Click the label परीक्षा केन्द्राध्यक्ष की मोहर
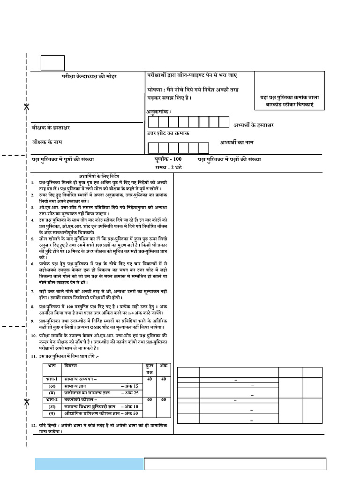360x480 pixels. [x=89, y=76]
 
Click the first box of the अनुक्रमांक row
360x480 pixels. [x=153, y=122]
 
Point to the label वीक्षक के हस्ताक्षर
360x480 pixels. [x=51, y=127]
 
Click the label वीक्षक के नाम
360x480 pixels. [x=47, y=141]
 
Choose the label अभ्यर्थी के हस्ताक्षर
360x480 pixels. [x=254, y=125]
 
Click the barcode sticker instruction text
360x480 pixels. [x=289, y=101]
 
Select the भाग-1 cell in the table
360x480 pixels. [x=52, y=378]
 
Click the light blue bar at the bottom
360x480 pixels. [x=89, y=464]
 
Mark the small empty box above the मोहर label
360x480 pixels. [x=52, y=63]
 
